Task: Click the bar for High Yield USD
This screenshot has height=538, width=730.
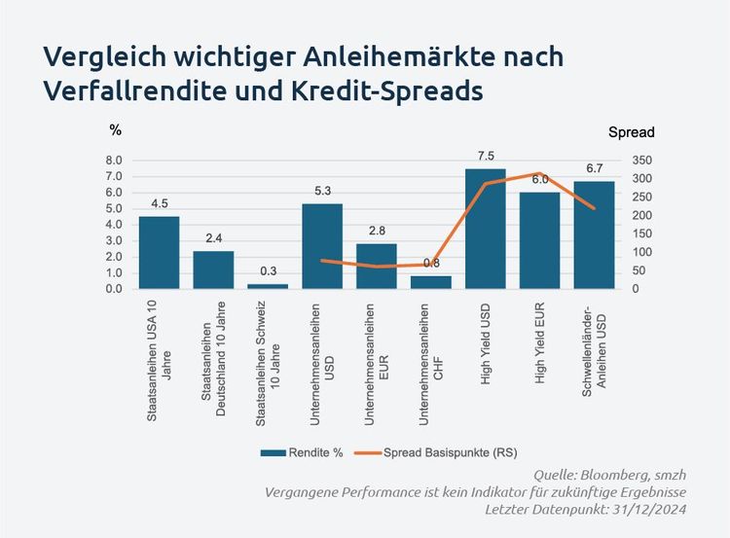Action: pyautogui.click(x=485, y=229)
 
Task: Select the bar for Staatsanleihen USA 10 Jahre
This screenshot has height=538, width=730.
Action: pyautogui.click(x=159, y=252)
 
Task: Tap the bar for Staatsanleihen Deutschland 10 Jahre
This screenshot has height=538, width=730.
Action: pyautogui.click(x=213, y=269)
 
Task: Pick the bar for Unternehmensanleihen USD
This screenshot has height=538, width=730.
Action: pyautogui.click(x=322, y=246)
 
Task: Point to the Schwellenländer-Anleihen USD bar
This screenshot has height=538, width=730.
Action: pyautogui.click(x=594, y=234)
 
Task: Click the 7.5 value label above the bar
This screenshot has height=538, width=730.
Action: pyautogui.click(x=486, y=157)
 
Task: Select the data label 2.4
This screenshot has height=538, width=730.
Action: pyautogui.click(x=213, y=238)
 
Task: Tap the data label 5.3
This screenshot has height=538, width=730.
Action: pyautogui.click(x=322, y=191)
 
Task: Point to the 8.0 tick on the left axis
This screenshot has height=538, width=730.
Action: pyautogui.click(x=113, y=161)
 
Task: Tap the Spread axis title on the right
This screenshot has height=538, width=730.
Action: pyautogui.click(x=631, y=132)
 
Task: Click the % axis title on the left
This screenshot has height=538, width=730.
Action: pyautogui.click(x=115, y=128)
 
